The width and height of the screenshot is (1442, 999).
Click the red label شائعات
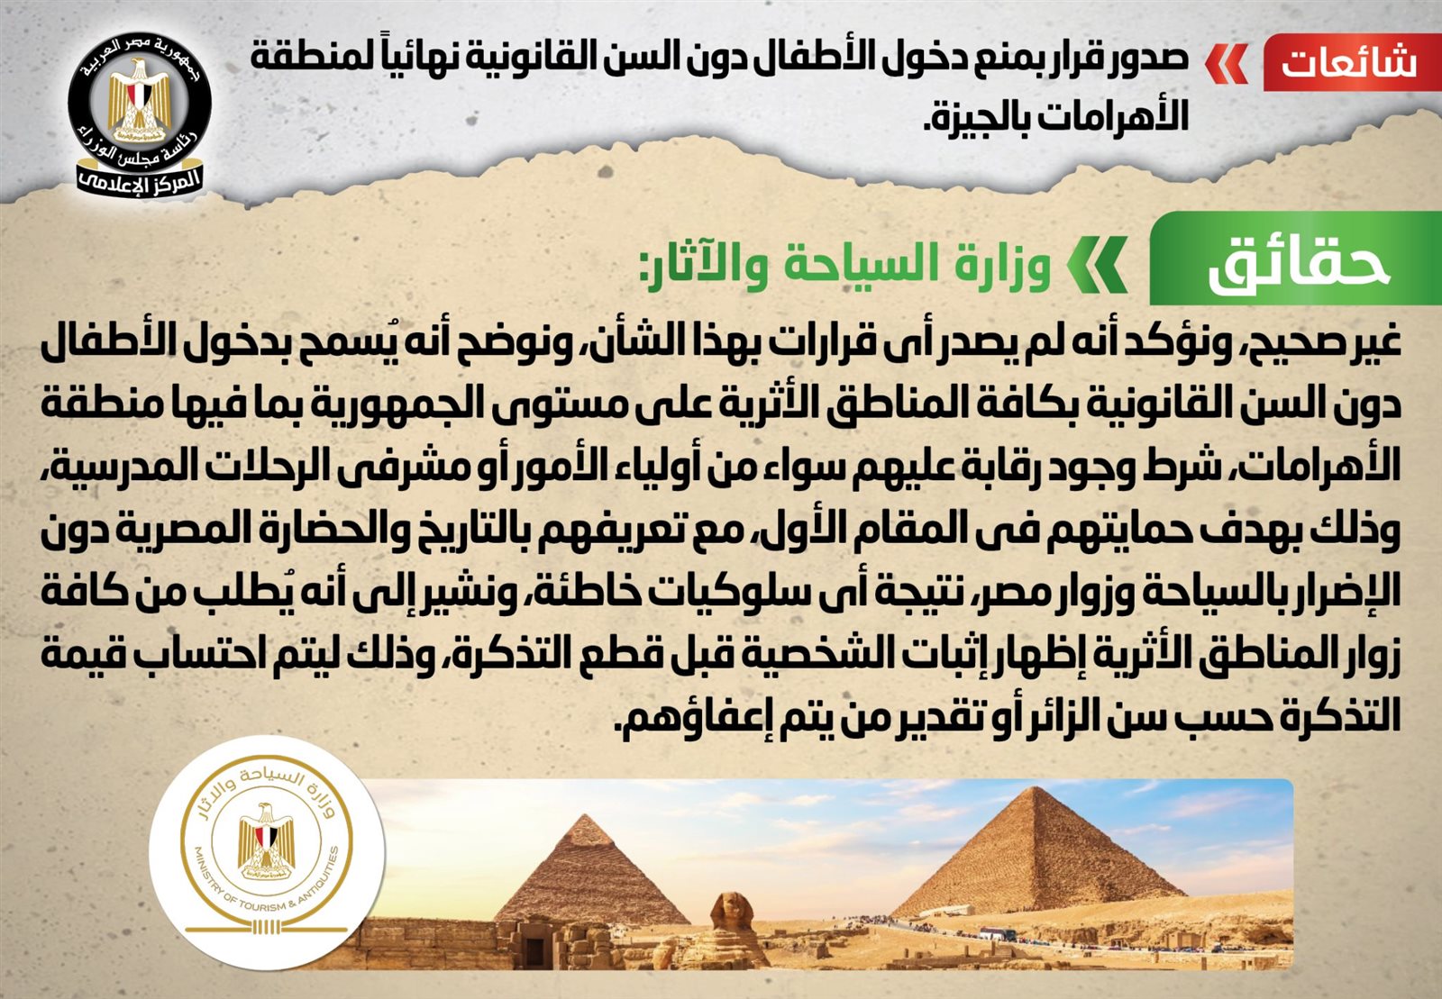pos(1352,62)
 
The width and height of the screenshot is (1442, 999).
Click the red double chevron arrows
pos(1226,64)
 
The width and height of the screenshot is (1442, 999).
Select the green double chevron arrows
pos(1096,264)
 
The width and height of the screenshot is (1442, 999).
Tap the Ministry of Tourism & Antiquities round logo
pos(267,852)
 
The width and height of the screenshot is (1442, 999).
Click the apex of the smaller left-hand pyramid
pos(585,815)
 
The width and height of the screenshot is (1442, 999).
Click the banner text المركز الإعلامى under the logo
pos(140,179)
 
